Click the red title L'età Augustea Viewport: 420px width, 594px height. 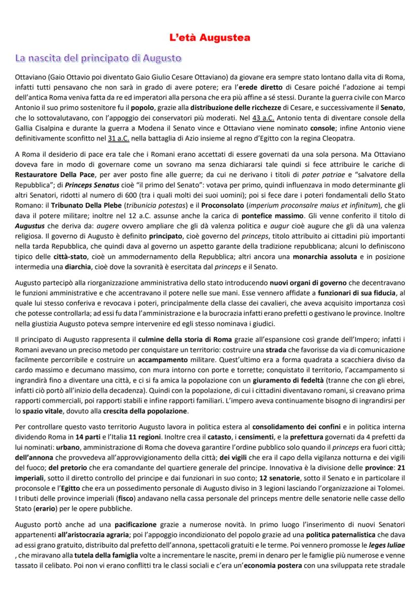coord(209,38)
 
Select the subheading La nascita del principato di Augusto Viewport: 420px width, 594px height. coord(98,58)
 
